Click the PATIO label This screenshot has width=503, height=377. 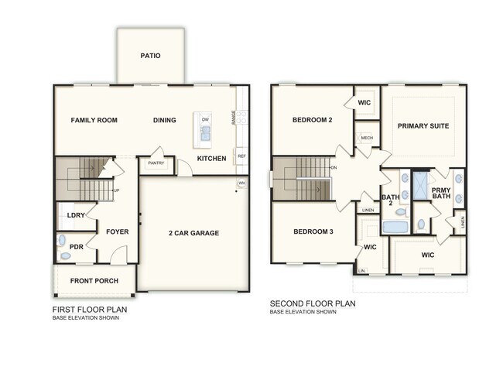(x=151, y=56)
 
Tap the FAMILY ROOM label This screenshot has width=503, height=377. (x=94, y=120)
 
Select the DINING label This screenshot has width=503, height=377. (x=164, y=120)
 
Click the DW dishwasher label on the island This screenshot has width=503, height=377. (x=205, y=119)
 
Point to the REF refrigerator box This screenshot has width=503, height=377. (x=241, y=156)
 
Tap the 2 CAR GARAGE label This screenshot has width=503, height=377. (x=193, y=232)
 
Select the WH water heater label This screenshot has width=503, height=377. (x=241, y=183)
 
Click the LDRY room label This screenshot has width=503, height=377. (x=76, y=215)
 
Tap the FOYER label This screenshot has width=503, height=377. (x=117, y=231)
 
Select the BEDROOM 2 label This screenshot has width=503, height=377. (x=312, y=120)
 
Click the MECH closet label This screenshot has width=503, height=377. (x=367, y=139)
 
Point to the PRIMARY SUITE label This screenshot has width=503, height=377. (x=423, y=125)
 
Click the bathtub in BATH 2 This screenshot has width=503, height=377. (x=395, y=228)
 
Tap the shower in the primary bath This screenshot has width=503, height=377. (x=420, y=187)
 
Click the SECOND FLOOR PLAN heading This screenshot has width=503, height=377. (x=312, y=303)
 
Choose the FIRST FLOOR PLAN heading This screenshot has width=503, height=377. (x=89, y=310)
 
